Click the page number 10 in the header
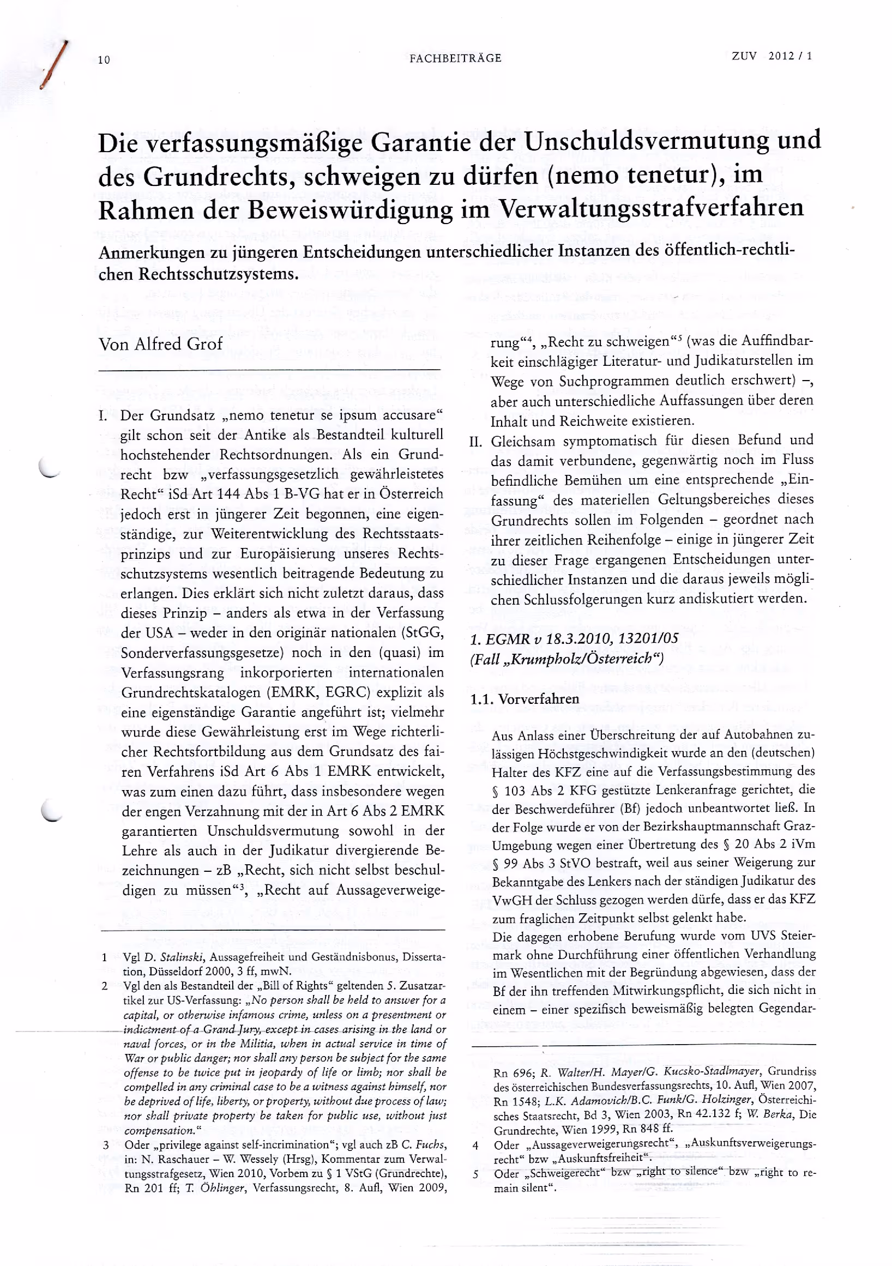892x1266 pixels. tap(104, 60)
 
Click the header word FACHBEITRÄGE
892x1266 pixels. tap(455, 58)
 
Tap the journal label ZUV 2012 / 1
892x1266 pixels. tap(772, 56)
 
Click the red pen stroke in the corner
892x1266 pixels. tap(56, 65)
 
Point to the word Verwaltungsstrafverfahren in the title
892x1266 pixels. tap(651, 208)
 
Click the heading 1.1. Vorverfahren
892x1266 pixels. tap(525, 699)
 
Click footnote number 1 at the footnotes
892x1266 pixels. tap(104, 957)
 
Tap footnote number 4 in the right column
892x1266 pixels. tap(475, 1146)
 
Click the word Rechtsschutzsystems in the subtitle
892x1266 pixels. tap(218, 274)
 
